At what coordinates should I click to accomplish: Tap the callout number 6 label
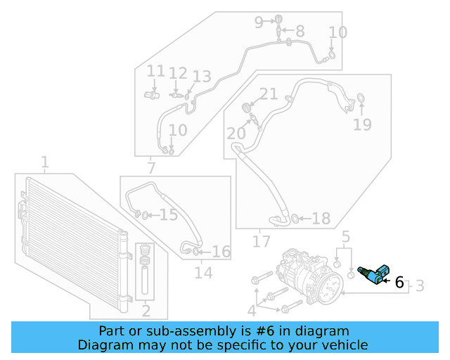pyautogui.click(x=399, y=283)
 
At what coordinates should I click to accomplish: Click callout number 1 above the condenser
pyautogui.click(x=44, y=164)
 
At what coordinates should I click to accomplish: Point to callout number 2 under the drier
pyautogui.click(x=146, y=310)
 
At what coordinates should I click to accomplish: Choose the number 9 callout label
pyautogui.click(x=259, y=22)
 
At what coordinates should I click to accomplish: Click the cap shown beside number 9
pyautogui.click(x=279, y=18)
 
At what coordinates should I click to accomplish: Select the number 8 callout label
pyautogui.click(x=300, y=31)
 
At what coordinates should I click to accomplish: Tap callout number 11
pyautogui.click(x=155, y=72)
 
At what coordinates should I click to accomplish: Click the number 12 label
pyautogui.click(x=178, y=73)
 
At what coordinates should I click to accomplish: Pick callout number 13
pyautogui.click(x=202, y=77)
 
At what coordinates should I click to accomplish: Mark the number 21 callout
pyautogui.click(x=269, y=94)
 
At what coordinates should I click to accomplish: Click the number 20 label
pyautogui.click(x=236, y=133)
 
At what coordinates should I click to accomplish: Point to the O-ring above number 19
pyautogui.click(x=361, y=97)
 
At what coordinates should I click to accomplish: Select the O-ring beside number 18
pyautogui.click(x=295, y=219)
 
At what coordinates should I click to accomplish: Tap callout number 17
pyautogui.click(x=261, y=241)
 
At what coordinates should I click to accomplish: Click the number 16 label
pyautogui.click(x=221, y=252)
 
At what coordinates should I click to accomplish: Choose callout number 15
pyautogui.click(x=169, y=215)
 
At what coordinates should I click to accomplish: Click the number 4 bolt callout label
pyautogui.click(x=252, y=310)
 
